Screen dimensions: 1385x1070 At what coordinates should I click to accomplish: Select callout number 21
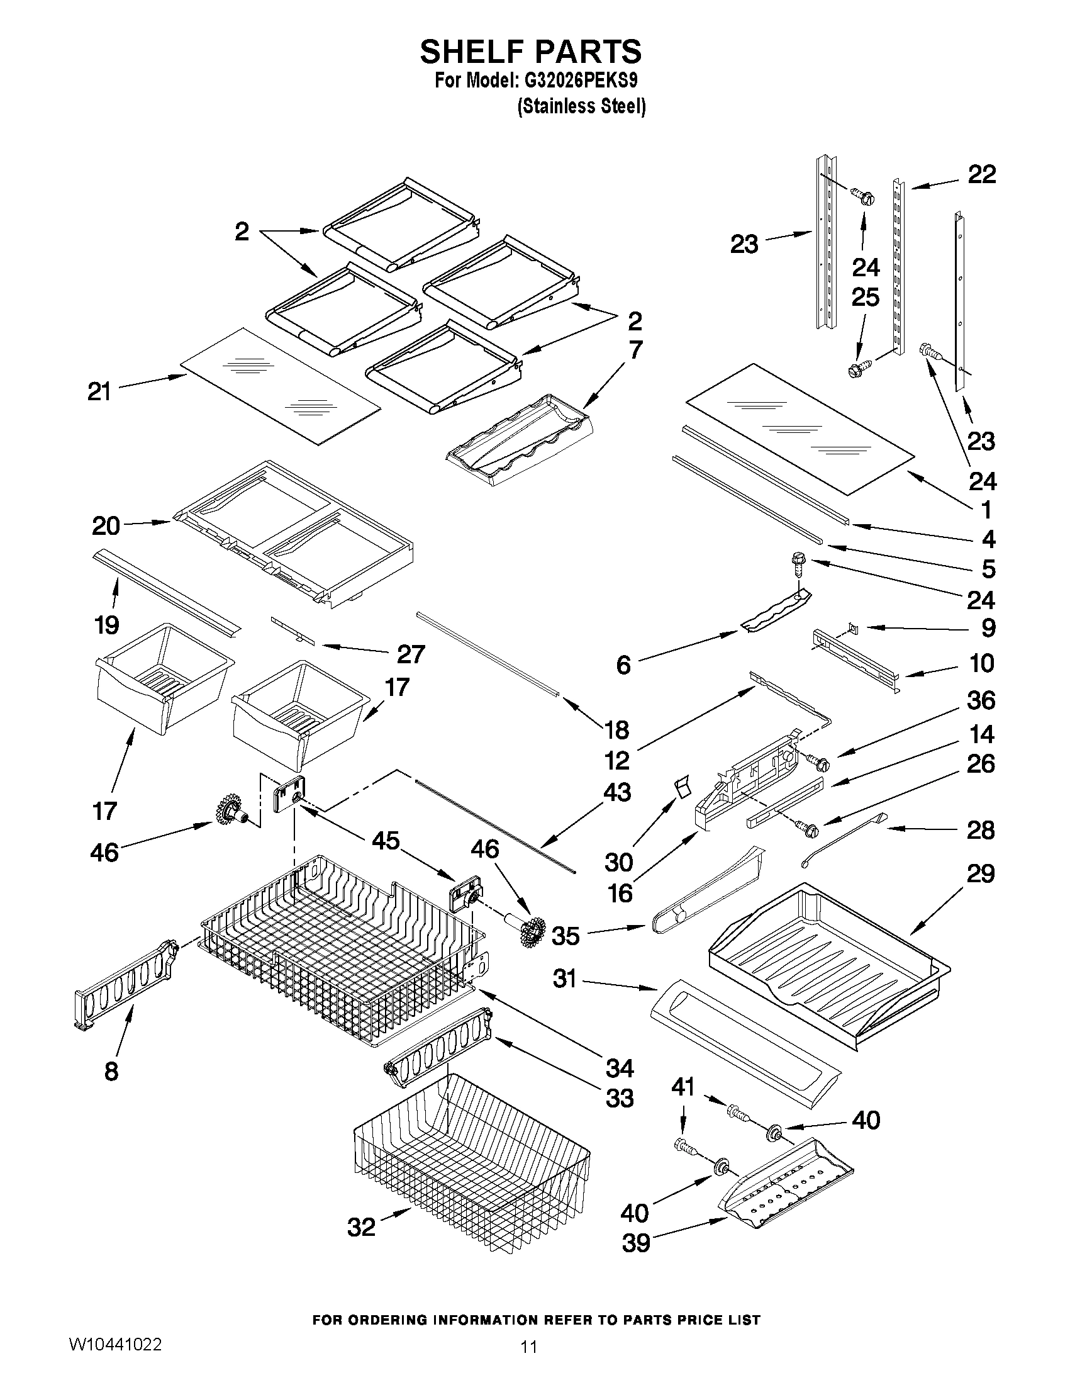[99, 391]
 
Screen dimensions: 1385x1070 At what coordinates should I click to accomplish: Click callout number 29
[981, 873]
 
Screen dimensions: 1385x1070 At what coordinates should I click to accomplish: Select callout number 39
[636, 1243]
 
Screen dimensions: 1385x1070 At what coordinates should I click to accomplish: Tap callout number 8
[111, 1071]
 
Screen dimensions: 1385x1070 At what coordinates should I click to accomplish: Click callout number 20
[106, 525]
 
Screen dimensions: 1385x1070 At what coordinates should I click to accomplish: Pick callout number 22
[981, 174]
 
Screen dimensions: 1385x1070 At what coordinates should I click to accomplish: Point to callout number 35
[566, 935]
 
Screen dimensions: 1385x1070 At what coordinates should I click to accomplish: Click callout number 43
[616, 792]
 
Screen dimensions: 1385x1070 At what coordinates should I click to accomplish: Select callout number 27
[410, 654]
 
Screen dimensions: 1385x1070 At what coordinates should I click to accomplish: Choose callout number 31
[564, 978]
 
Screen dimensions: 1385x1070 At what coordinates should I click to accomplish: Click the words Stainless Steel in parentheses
[581, 106]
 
